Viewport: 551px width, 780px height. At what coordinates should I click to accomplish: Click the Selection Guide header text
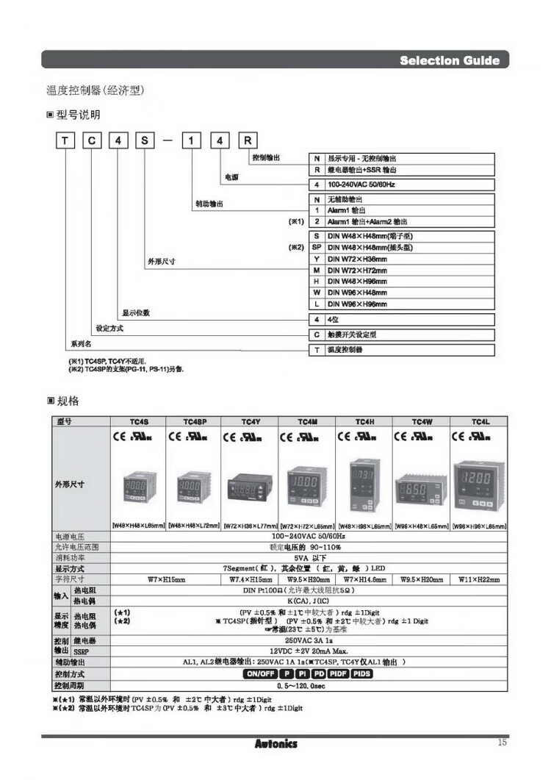tap(449, 60)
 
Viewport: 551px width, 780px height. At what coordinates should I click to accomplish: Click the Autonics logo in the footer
tap(276, 743)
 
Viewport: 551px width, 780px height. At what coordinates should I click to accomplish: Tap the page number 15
tap(502, 743)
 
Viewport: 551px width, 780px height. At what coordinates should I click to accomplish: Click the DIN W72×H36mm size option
tap(361, 258)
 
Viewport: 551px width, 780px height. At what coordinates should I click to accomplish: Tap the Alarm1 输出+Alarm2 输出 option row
tap(367, 221)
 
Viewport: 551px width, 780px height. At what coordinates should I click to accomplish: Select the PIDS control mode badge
tap(362, 673)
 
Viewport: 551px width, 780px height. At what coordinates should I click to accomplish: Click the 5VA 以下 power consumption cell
tap(307, 558)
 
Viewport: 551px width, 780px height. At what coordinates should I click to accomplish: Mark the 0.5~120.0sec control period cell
tap(307, 685)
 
